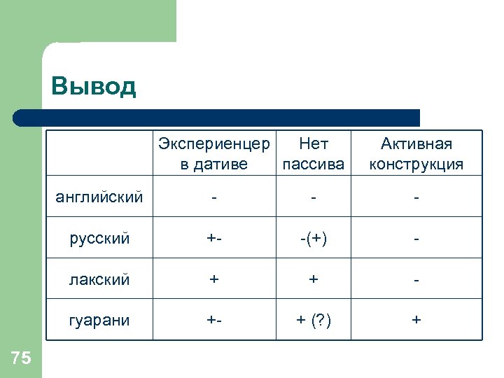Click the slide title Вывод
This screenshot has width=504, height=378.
click(x=94, y=87)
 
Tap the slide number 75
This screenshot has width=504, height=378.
click(x=22, y=358)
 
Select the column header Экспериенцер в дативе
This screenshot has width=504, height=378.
click(x=213, y=154)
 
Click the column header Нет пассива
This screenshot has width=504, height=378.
click(x=313, y=154)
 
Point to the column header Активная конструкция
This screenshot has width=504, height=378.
click(x=416, y=154)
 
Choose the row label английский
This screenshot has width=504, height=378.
click(x=99, y=197)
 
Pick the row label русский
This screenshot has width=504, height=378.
click(x=99, y=238)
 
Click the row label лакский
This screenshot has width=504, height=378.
click(x=99, y=279)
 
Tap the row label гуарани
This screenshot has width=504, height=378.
click(x=99, y=320)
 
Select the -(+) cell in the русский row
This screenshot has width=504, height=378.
click(x=313, y=238)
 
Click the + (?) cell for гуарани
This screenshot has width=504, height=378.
click(x=313, y=320)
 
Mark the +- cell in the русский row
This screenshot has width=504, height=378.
click(x=213, y=238)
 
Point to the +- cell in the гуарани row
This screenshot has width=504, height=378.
click(x=213, y=320)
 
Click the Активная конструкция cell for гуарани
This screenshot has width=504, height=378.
click(x=416, y=320)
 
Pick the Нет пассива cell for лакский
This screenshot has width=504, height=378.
click(x=313, y=279)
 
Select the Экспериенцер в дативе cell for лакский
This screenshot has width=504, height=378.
click(x=213, y=279)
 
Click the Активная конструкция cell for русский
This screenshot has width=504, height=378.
click(x=416, y=239)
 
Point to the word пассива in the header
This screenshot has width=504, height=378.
click(x=313, y=164)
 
